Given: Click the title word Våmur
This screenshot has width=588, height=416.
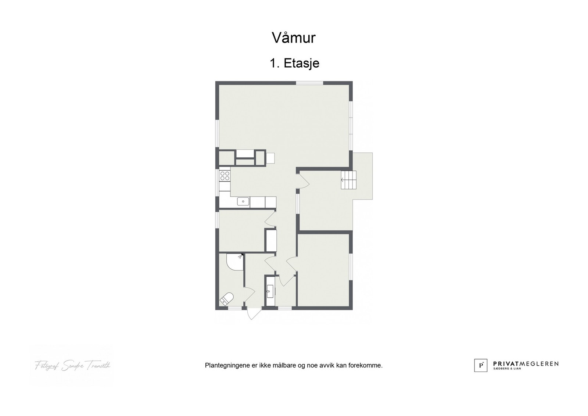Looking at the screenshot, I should pos(294,37).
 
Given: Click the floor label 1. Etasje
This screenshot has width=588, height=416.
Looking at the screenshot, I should pos(294,63).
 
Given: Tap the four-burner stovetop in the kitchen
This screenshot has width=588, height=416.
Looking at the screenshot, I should pos(225,176).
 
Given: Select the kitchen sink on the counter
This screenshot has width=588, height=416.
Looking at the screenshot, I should pos(243,201).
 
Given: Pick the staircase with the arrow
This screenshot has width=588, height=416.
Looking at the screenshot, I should pos(349,180).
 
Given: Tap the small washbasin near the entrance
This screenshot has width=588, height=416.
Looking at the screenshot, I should pos(270,292).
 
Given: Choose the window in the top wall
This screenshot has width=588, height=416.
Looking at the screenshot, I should pos(309,83).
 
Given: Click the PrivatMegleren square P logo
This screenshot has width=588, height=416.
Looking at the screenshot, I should pos(481,365).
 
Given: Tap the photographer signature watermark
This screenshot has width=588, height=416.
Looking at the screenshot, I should pos(72,366).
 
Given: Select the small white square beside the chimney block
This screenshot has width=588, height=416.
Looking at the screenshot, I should pos(270,158).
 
